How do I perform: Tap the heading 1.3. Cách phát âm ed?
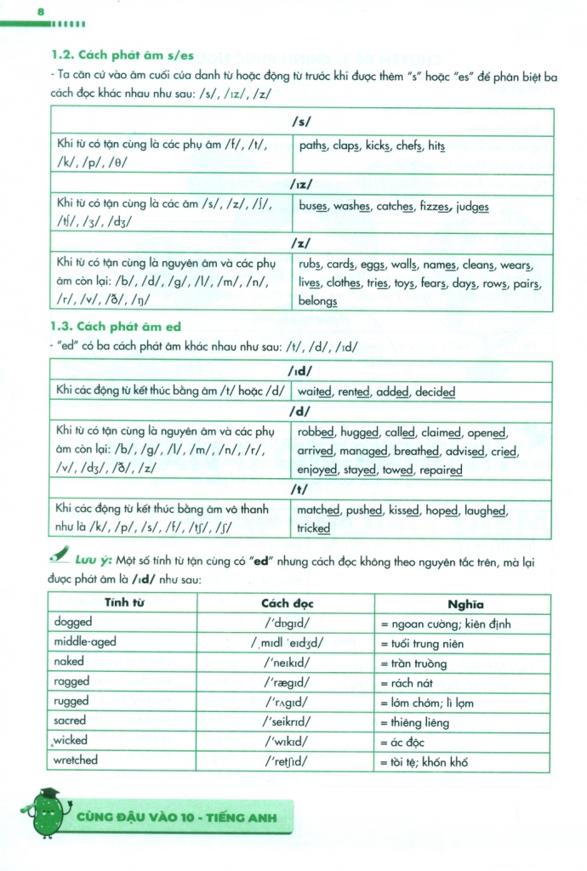click(x=117, y=327)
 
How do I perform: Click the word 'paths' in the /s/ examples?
click(x=313, y=146)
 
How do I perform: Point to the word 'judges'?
click(x=473, y=207)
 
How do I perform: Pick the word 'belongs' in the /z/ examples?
click(x=317, y=301)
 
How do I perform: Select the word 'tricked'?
click(x=313, y=528)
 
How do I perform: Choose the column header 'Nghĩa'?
click(x=464, y=604)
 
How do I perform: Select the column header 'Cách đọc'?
click(x=287, y=604)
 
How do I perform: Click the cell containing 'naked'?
click(x=69, y=662)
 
